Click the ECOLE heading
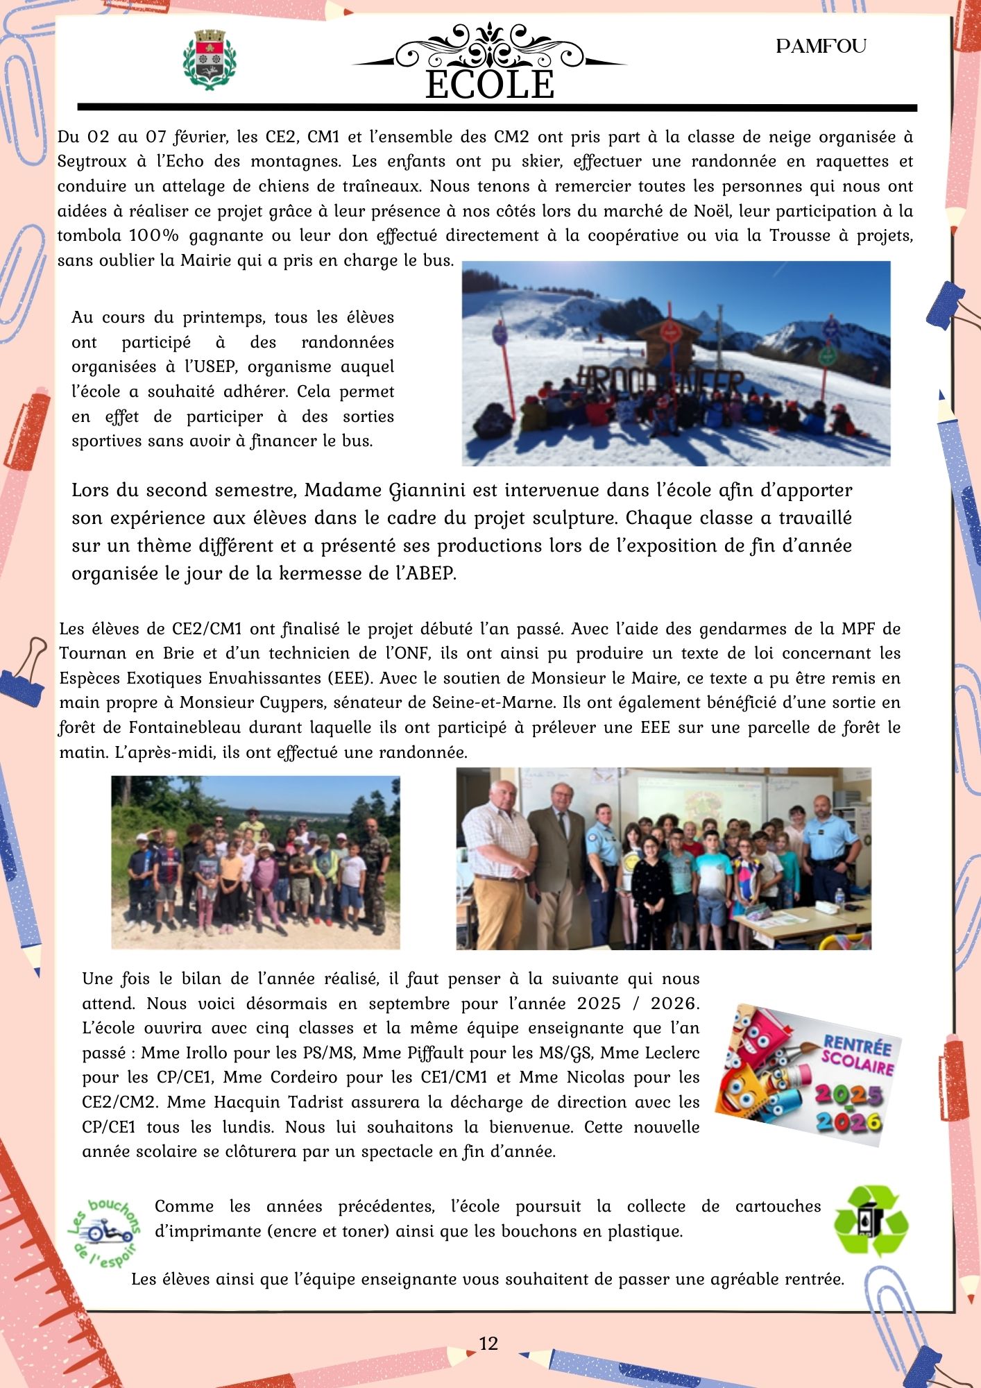click(x=490, y=85)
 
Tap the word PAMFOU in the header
click(x=821, y=46)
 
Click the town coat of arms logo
click(x=208, y=60)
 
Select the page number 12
click(x=488, y=1344)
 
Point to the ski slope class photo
click(x=676, y=363)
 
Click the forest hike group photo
click(x=255, y=862)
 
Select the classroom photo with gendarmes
click(x=663, y=858)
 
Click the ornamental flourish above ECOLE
click(x=490, y=45)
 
